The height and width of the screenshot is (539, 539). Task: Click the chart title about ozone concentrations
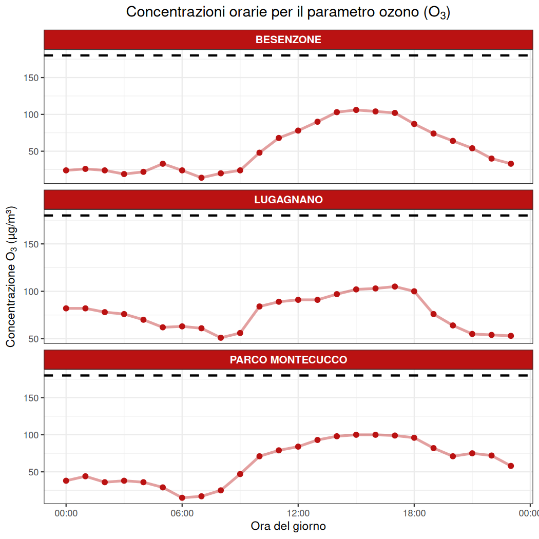pos(288,13)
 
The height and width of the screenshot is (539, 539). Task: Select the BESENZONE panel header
pos(288,40)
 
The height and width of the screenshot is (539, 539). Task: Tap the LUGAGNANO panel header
pos(288,200)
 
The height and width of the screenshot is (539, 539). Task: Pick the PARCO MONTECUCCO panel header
pos(288,360)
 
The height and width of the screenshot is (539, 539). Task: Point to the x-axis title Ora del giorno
pos(288,526)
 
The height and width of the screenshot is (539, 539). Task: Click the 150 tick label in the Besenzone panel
pos(32,78)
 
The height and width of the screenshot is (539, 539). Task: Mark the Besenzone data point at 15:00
pos(356,110)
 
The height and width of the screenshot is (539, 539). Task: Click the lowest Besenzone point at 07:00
pos(201,178)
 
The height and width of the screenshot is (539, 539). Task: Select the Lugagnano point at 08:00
pos(221,338)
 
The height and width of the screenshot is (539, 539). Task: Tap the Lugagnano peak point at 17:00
pos(395,286)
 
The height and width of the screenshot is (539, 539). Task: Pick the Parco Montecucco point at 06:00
pos(182,497)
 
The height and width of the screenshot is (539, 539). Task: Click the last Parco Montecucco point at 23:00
pos(511,466)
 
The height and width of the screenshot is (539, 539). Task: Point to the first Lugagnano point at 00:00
pos(66,308)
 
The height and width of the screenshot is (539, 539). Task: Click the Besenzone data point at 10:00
pos(259,152)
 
